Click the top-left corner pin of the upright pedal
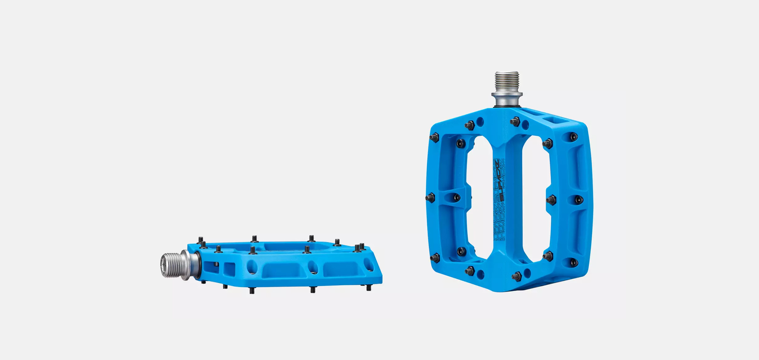(434, 138)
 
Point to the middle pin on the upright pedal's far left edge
(430, 198)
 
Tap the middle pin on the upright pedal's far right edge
(578, 200)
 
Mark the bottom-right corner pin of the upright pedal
(574, 262)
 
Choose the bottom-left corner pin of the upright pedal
(435, 258)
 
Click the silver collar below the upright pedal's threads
(507, 99)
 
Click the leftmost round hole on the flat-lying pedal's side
(252, 267)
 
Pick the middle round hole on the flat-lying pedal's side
(313, 267)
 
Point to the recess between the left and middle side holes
(282, 270)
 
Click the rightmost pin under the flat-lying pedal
(369, 288)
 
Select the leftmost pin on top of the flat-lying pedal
(201, 240)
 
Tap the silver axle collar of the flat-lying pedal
(192, 265)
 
